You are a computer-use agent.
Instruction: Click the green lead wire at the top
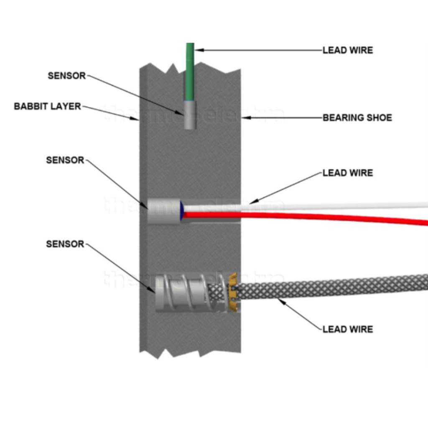[190, 71]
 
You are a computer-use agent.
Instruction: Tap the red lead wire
[313, 217]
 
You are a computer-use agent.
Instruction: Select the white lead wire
[313, 206]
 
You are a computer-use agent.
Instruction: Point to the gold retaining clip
[233, 293]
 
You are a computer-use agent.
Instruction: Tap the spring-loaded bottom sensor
[184, 293]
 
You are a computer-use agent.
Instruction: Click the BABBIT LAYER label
[47, 107]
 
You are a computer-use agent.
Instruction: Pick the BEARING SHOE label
[357, 118]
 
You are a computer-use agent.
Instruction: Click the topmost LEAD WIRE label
[347, 51]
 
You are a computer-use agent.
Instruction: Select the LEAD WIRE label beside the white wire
[347, 173]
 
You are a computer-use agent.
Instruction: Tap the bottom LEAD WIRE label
[347, 329]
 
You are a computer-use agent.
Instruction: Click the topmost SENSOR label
[66, 76]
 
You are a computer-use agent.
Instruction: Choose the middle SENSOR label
[65, 160]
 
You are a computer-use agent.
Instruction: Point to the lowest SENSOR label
[65, 244]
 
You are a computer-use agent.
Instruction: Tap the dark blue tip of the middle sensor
[182, 211]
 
